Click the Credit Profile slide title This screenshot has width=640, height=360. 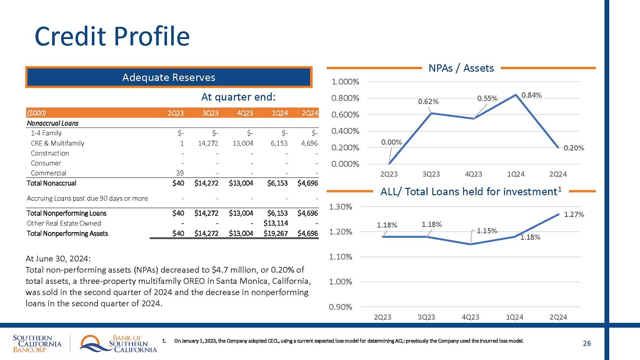112,36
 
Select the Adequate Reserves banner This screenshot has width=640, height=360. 168,77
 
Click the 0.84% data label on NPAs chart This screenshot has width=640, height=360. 532,94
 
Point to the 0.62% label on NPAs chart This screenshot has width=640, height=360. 428,102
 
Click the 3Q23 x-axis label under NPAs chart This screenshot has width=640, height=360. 431,174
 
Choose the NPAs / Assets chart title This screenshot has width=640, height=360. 461,68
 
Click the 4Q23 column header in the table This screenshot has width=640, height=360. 243,113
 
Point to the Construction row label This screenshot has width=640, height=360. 50,153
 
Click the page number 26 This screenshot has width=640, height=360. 586,344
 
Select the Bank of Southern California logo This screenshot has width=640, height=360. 119,344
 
